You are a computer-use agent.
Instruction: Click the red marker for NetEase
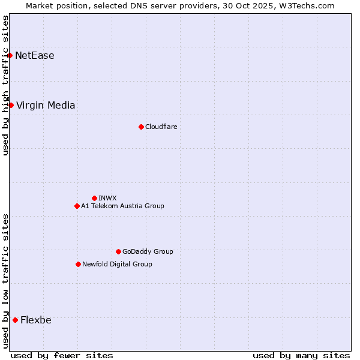[x=10, y=56]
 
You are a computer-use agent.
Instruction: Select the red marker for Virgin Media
[x=11, y=106]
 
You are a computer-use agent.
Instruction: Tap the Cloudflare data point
[x=141, y=127]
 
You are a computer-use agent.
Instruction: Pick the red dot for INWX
[x=94, y=198]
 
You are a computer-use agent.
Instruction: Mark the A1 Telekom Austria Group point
[x=77, y=206]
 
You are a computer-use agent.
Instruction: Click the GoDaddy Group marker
[x=118, y=251]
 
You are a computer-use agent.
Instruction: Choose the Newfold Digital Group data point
[x=78, y=264]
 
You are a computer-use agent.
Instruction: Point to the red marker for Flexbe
[x=15, y=320]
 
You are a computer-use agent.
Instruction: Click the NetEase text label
[x=35, y=56]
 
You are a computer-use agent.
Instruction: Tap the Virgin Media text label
[x=46, y=106]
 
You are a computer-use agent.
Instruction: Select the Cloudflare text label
[x=161, y=127]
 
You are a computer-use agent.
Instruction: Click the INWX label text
[x=107, y=198]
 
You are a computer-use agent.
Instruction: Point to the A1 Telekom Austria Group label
[x=122, y=206]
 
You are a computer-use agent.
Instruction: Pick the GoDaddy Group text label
[x=148, y=251]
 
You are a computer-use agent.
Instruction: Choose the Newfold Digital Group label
[x=117, y=264]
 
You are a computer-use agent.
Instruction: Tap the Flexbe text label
[x=36, y=320]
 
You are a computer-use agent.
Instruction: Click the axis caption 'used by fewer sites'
[x=62, y=355]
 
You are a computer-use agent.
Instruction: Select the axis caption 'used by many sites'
[x=301, y=355]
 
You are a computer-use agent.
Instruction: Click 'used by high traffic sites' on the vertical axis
[x=5, y=85]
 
